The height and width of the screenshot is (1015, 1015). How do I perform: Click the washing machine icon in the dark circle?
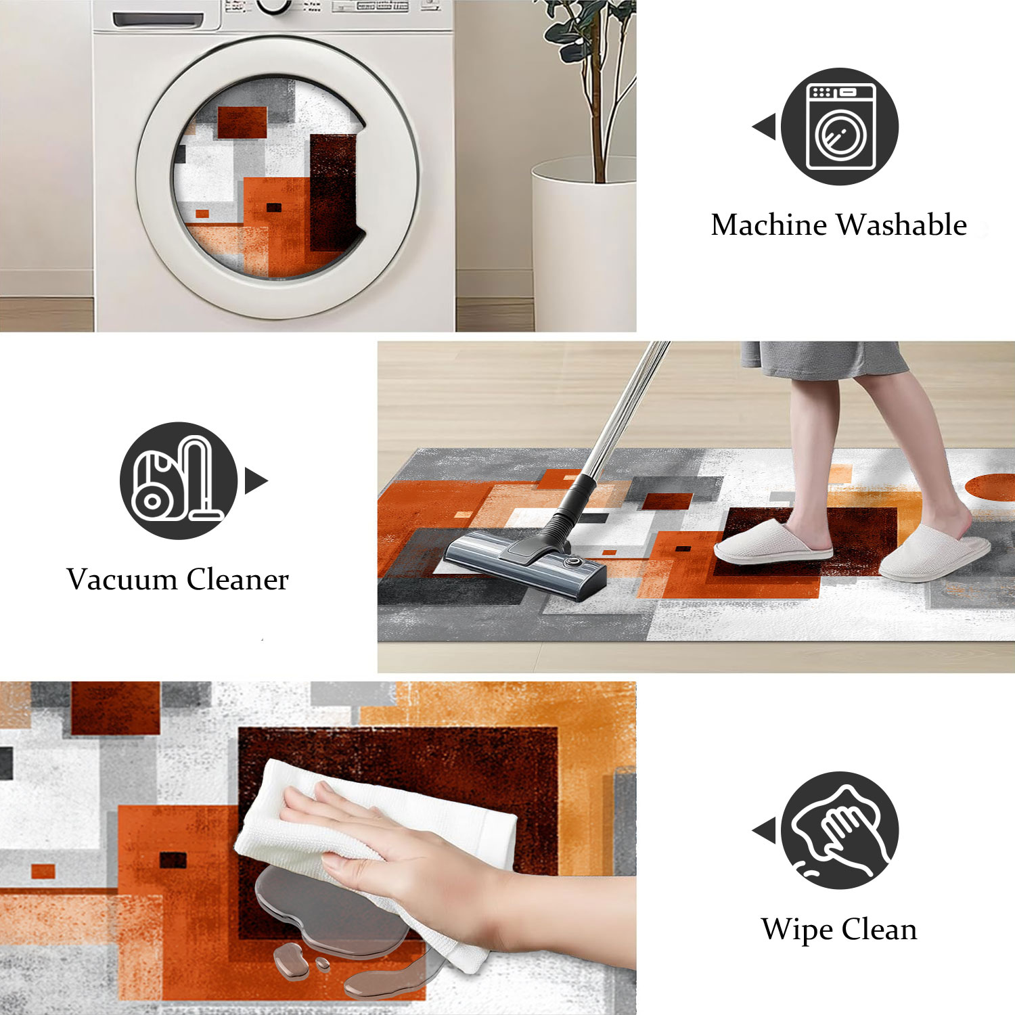click(841, 127)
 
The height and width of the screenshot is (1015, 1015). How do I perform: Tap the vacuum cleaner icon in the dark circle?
click(177, 479)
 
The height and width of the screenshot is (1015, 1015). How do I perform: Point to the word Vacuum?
click(122, 579)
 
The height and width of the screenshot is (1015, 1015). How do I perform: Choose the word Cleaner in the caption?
click(238, 579)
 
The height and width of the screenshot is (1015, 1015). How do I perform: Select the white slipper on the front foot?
click(773, 541)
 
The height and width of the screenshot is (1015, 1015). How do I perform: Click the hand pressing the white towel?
click(392, 846)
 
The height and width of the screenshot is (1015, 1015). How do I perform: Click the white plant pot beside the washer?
click(583, 244)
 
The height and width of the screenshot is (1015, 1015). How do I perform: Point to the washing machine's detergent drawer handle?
click(158, 20)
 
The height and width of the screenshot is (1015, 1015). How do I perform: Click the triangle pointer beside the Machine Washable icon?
click(765, 127)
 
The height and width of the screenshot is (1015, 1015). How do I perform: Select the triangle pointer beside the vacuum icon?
click(256, 480)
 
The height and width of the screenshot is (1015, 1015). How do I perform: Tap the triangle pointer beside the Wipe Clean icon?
click(765, 831)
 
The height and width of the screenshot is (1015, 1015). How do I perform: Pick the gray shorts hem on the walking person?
click(826, 369)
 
